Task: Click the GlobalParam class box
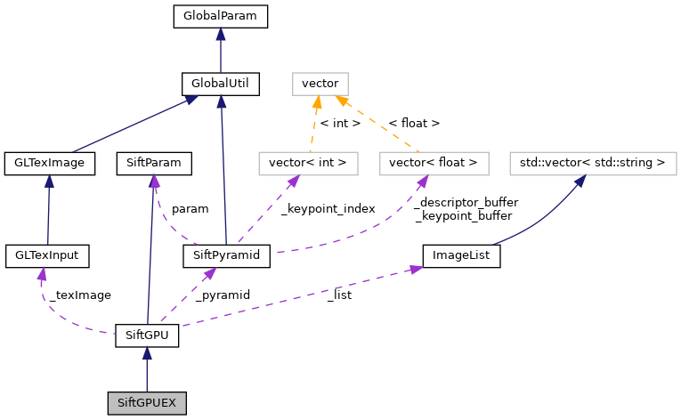pyautogui.click(x=220, y=16)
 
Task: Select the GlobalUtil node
pyautogui.click(x=220, y=85)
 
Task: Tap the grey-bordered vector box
pyautogui.click(x=320, y=85)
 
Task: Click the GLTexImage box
pyautogui.click(x=50, y=163)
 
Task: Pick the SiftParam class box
pyautogui.click(x=154, y=163)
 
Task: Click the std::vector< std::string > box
pyautogui.click(x=592, y=163)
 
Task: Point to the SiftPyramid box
pyautogui.click(x=226, y=256)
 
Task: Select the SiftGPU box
pyautogui.click(x=147, y=336)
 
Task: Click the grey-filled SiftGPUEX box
pyautogui.click(x=147, y=403)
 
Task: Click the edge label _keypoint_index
pyautogui.click(x=328, y=209)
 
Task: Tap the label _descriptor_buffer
pyautogui.click(x=466, y=202)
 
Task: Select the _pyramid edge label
pyautogui.click(x=223, y=295)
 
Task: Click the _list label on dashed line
pyautogui.click(x=338, y=295)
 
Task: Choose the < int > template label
pyautogui.click(x=340, y=123)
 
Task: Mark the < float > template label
pyautogui.click(x=414, y=123)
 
